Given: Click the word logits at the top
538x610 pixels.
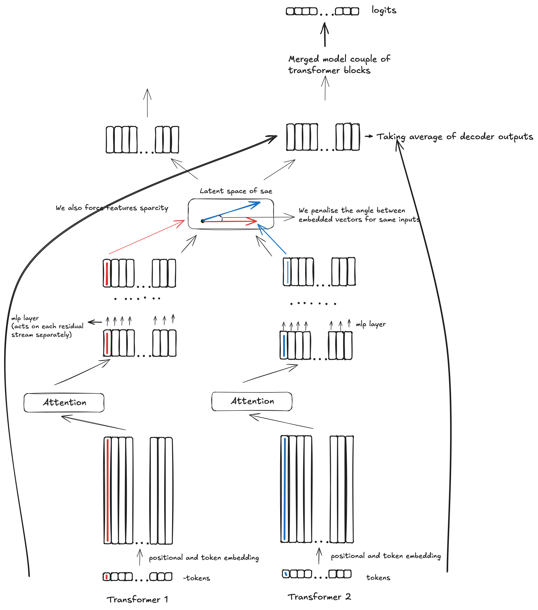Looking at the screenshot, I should pyautogui.click(x=384, y=10).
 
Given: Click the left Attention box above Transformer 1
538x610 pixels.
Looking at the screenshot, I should pyautogui.click(x=64, y=403).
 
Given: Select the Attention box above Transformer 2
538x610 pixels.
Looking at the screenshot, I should pyautogui.click(x=252, y=401).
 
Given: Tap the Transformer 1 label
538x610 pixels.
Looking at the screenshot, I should pyautogui.click(x=137, y=600).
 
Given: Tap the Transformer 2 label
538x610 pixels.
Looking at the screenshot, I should pyautogui.click(x=319, y=597).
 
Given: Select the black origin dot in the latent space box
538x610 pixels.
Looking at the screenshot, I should pyautogui.click(x=203, y=221).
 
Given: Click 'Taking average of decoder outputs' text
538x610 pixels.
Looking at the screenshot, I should pyautogui.click(x=455, y=137).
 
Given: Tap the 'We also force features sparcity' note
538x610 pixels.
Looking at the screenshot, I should pyautogui.click(x=112, y=208).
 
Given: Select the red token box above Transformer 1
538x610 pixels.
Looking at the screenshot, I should pyautogui.click(x=106, y=577).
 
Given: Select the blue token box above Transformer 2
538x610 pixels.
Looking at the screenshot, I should pyautogui.click(x=286, y=574).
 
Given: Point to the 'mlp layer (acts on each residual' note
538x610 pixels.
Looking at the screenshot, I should pyautogui.click(x=47, y=326).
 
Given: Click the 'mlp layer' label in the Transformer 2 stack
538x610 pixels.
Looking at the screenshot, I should pyautogui.click(x=370, y=324).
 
